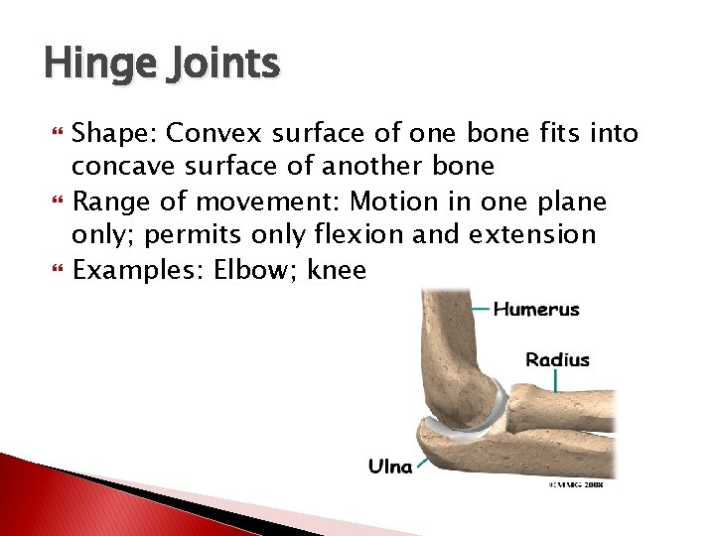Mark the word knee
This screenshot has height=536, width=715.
pos(337,270)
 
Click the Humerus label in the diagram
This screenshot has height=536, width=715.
pos(536,309)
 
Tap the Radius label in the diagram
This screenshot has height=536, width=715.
pos(557,359)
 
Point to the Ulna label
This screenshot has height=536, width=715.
pos(390,466)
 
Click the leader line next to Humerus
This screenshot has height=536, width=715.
pos(478,310)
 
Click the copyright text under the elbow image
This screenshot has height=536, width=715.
pos(579,485)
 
